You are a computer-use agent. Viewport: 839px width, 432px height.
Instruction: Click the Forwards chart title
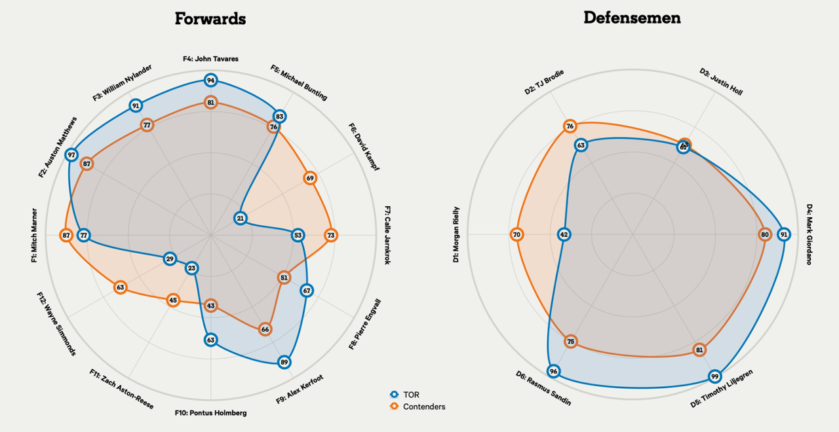point(210,18)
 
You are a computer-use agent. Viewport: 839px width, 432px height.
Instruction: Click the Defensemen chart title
point(632,18)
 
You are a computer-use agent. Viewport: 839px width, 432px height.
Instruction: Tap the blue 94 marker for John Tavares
point(210,81)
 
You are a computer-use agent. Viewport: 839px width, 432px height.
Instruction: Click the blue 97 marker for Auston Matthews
point(71,155)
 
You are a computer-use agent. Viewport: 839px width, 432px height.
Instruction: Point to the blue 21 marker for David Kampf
point(241,218)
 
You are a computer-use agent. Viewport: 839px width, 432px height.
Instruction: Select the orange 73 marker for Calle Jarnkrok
point(330,235)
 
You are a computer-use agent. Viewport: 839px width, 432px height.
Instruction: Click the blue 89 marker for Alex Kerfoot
point(284,362)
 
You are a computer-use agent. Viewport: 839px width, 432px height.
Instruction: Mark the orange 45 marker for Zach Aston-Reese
point(172,300)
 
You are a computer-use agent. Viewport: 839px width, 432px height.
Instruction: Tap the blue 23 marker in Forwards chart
point(191,268)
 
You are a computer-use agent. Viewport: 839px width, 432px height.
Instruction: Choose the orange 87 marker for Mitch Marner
point(66,235)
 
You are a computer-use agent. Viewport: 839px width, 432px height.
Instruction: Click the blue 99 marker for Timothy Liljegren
point(714,376)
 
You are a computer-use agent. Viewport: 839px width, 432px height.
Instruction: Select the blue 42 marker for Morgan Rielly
point(564,234)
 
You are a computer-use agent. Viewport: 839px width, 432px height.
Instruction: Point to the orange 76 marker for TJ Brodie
point(570,126)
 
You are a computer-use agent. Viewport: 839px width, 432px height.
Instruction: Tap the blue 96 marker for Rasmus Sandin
point(554,372)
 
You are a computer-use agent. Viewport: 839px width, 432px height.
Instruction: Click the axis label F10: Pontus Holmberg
point(210,413)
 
